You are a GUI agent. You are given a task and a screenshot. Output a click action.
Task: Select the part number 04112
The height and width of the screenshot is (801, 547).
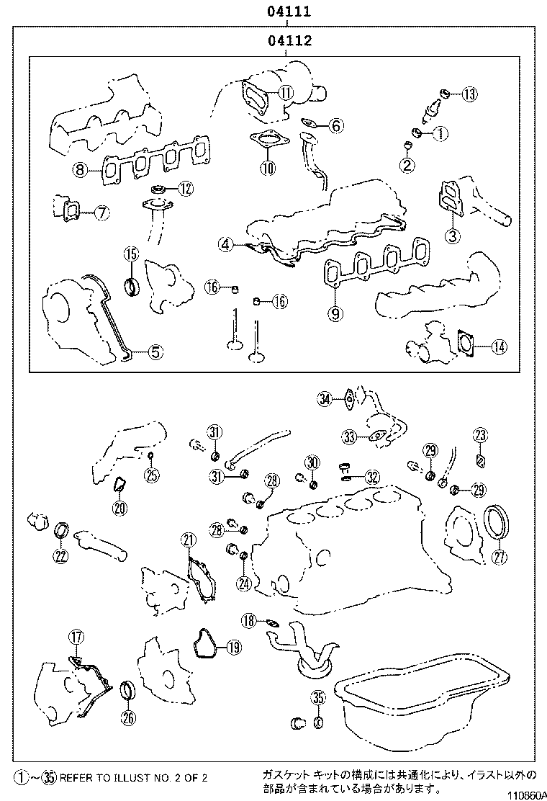(289, 41)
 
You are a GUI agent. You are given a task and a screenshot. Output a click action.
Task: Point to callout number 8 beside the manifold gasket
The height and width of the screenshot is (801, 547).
(79, 170)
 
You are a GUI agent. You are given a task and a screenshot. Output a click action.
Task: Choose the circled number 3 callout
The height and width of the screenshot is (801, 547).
(451, 235)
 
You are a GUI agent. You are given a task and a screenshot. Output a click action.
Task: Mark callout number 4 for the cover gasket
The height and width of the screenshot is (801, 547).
(226, 245)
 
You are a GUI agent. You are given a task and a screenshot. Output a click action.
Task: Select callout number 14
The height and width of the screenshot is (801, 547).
(498, 346)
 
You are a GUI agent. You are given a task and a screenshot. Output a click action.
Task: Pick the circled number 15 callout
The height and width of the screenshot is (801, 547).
(130, 254)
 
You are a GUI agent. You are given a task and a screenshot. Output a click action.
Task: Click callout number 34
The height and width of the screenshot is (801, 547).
(325, 398)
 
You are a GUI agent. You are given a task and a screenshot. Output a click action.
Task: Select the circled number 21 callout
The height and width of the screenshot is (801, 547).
(188, 540)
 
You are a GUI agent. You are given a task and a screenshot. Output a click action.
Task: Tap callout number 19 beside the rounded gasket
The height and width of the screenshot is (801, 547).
(232, 648)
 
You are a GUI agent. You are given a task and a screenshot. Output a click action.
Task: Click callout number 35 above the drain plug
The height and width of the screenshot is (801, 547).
(318, 697)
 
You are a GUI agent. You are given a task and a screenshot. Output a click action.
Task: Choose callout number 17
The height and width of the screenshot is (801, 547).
(76, 636)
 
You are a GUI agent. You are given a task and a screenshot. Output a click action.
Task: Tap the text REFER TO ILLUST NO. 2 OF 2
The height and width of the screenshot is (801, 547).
(132, 778)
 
